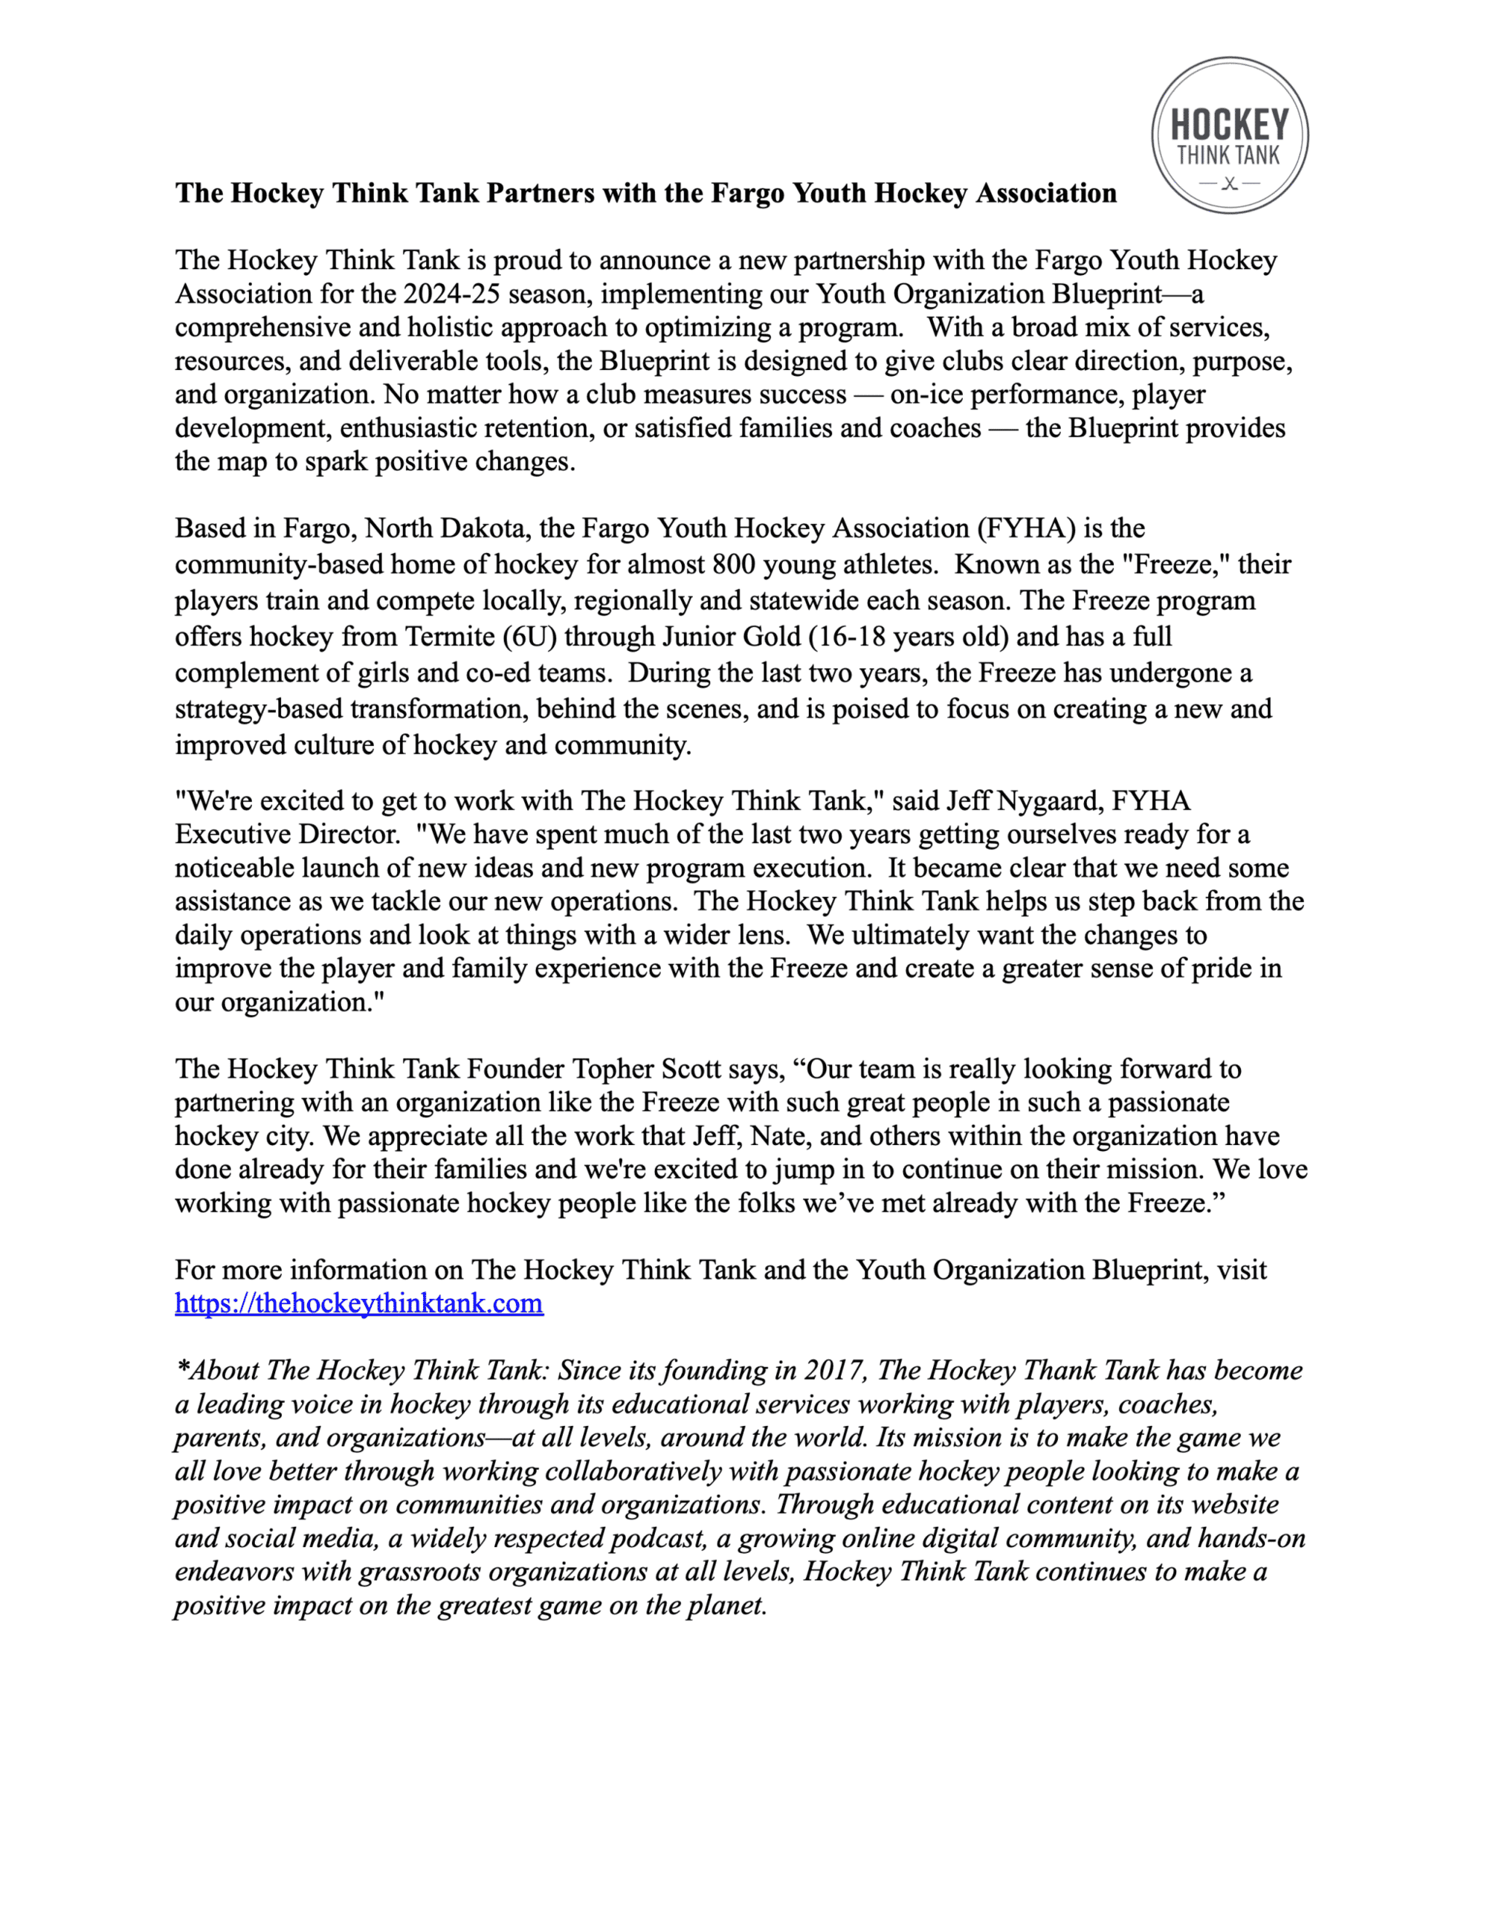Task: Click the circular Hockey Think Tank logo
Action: [x=1229, y=135]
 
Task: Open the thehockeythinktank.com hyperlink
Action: [x=358, y=1303]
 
